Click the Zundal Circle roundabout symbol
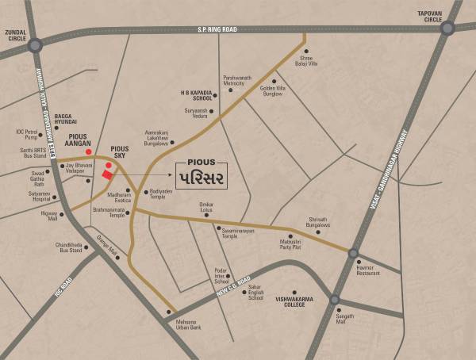[x=35, y=45]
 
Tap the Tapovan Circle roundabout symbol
[x=447, y=28]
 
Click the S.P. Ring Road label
[x=217, y=29]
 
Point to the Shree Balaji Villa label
[x=307, y=62]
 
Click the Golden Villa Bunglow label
[x=273, y=90]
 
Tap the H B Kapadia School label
[x=197, y=95]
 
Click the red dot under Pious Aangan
[x=89, y=151]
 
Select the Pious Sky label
[x=120, y=152]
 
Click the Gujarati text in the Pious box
[x=201, y=175]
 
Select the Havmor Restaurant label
[x=368, y=270]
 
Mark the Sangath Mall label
[x=345, y=319]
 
